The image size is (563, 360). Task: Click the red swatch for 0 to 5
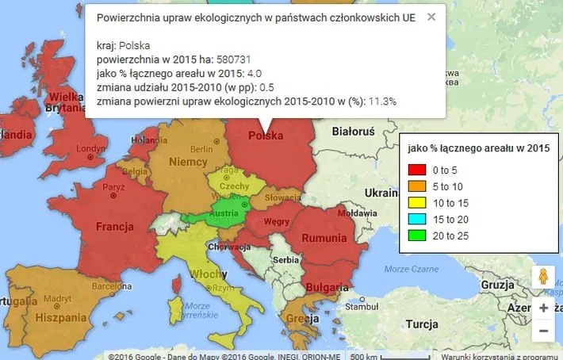click(417, 170)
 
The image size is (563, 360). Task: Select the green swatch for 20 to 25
click(417, 236)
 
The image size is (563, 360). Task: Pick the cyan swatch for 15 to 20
click(417, 220)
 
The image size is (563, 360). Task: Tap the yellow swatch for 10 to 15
click(417, 203)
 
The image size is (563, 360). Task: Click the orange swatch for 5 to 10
click(417, 186)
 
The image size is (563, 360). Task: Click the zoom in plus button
click(543, 308)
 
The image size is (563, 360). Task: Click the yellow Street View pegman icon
click(543, 277)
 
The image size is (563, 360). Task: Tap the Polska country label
click(266, 136)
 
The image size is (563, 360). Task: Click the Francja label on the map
click(113, 227)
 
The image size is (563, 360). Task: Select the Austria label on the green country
click(224, 213)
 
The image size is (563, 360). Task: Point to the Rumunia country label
click(324, 237)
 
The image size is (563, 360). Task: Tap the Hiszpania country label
click(60, 317)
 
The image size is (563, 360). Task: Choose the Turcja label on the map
click(421, 324)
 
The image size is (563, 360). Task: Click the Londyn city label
click(90, 148)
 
